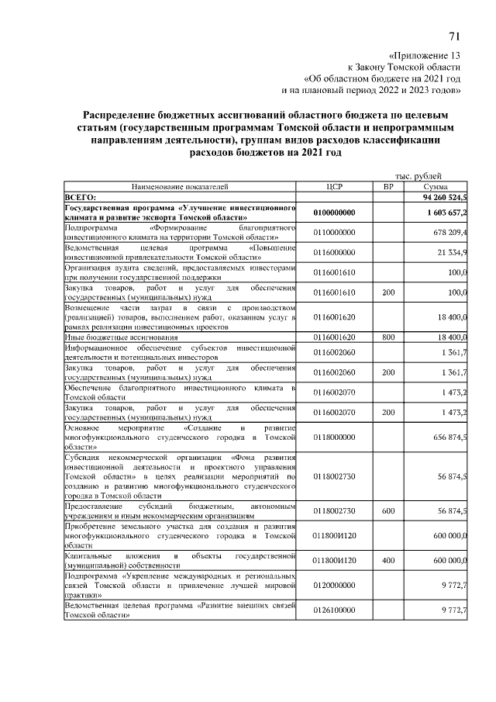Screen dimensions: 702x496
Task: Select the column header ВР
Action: pos(388,187)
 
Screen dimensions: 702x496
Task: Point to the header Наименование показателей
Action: pos(180,187)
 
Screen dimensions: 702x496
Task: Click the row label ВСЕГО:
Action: pos(80,198)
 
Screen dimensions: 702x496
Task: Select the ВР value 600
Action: pos(388,511)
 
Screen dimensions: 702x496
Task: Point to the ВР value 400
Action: pos(388,559)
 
